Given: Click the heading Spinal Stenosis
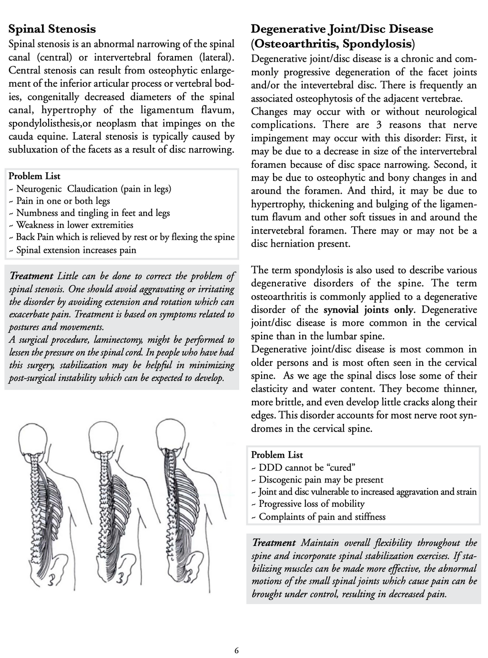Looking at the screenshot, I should click(52, 29).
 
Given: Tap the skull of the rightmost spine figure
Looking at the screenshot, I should click(175, 435).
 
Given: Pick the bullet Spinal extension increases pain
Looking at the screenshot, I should click(76, 250).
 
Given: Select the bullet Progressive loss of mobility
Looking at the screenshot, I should click(312, 504).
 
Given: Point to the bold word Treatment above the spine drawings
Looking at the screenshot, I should click(31, 276).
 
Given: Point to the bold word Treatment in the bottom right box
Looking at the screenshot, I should click(274, 543).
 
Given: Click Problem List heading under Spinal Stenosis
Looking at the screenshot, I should click(34, 176).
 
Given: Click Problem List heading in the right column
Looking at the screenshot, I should click(277, 455).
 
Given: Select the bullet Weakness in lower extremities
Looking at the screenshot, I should click(75, 225).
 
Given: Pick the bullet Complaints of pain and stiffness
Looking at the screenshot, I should click(322, 517).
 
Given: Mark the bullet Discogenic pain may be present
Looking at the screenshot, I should click(321, 480).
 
